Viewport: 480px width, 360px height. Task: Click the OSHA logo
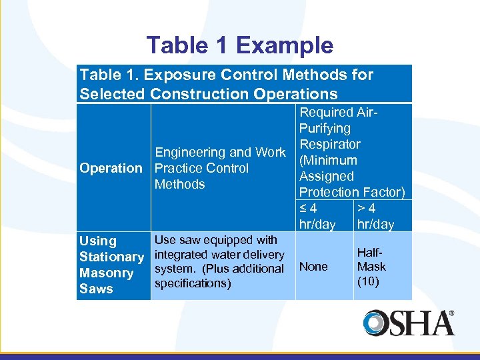(409, 323)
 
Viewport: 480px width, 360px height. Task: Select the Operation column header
(111, 169)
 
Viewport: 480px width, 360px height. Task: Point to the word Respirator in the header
(329, 145)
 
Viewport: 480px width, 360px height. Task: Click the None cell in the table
(313, 267)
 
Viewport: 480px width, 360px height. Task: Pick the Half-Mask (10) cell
(371, 267)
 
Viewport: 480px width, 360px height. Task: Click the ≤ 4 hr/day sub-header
(317, 217)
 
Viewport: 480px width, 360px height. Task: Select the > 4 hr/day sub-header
(375, 217)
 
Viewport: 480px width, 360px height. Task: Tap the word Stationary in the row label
(111, 257)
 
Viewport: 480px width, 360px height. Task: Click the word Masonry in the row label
(106, 273)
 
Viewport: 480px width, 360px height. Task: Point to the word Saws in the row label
(96, 289)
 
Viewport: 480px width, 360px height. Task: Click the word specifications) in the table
(193, 283)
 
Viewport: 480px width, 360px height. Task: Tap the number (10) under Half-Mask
(368, 281)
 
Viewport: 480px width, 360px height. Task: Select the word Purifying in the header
(325, 129)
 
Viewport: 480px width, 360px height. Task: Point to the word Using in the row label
(97, 241)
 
